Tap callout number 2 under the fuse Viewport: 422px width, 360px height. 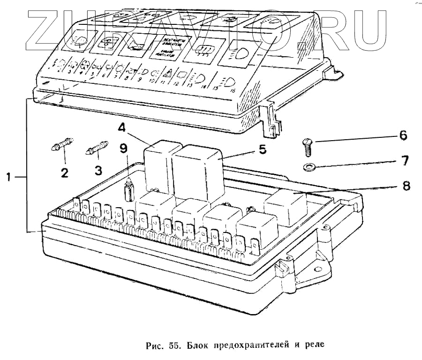(64, 172)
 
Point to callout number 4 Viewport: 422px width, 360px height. (121, 128)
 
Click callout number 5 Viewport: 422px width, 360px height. (262, 150)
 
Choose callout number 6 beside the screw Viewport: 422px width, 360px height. (403, 136)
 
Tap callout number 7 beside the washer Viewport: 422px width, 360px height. (403, 162)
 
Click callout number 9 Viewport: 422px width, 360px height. (123, 149)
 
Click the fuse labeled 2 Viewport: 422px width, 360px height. (61, 148)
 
